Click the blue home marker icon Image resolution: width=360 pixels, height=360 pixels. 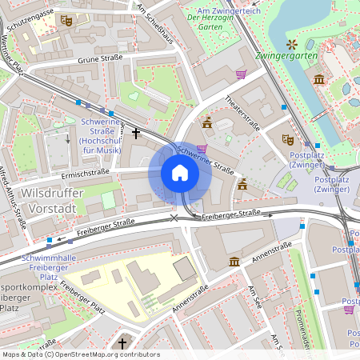(x=180, y=174)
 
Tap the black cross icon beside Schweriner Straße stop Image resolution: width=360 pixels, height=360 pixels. (x=136, y=133)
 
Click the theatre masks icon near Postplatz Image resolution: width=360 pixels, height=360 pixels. (x=288, y=139)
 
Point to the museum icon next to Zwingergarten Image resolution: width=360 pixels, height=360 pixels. (x=319, y=79)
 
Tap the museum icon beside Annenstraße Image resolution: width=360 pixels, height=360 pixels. (x=234, y=262)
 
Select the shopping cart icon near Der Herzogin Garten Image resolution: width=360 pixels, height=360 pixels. (x=241, y=74)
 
